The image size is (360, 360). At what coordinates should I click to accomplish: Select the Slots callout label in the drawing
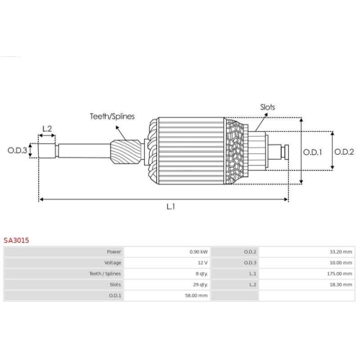pyautogui.click(x=267, y=107)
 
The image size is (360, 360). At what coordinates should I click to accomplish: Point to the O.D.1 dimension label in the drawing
pyautogui.click(x=312, y=151)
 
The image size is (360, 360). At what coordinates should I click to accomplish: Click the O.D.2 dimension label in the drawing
pyautogui.click(x=343, y=151)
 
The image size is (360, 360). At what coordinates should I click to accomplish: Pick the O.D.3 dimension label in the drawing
pyautogui.click(x=17, y=150)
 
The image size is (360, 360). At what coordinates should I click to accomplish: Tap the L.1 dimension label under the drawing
pyautogui.click(x=171, y=207)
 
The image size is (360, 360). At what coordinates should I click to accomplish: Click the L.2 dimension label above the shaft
pyautogui.click(x=48, y=129)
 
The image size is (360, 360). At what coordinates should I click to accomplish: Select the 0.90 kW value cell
pyautogui.click(x=199, y=252)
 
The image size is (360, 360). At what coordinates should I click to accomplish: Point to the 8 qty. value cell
pyautogui.click(x=201, y=274)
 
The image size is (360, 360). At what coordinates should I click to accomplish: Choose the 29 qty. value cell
pyautogui.click(x=200, y=284)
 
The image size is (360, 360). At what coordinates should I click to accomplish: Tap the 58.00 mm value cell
pyautogui.click(x=197, y=295)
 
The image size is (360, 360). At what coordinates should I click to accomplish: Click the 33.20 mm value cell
pyautogui.click(x=341, y=252)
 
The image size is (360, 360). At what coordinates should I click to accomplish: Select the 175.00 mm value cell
pyautogui.click(x=340, y=274)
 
